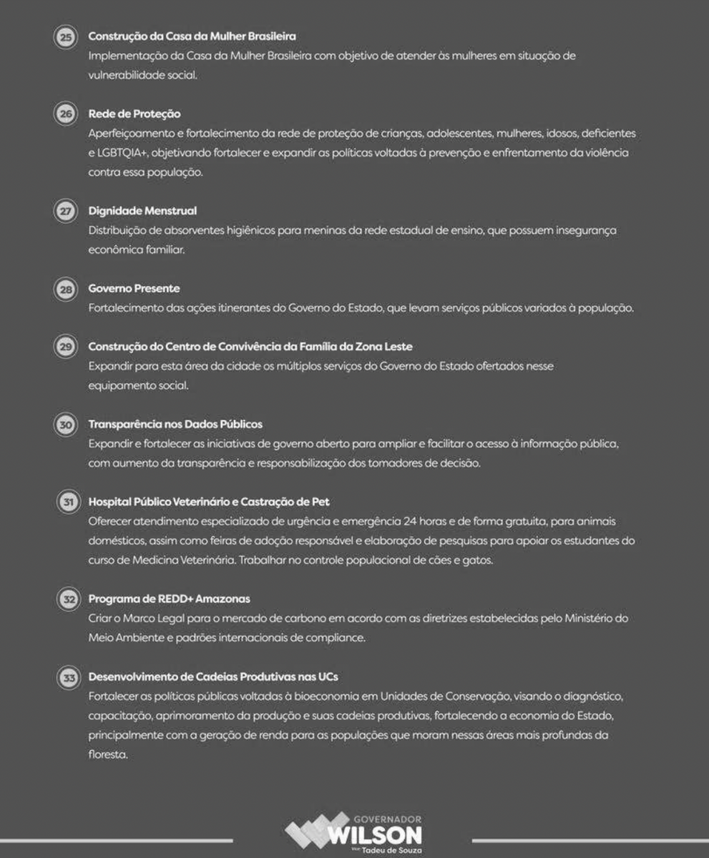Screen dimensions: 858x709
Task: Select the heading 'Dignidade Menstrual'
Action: (x=142, y=211)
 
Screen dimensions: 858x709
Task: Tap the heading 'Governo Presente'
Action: (x=134, y=289)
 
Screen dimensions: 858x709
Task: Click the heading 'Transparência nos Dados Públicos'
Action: (x=175, y=425)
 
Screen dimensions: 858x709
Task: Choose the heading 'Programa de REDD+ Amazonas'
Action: (x=169, y=598)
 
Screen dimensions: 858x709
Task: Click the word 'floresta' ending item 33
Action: (x=108, y=754)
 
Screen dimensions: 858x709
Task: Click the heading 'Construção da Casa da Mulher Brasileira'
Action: (x=192, y=36)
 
